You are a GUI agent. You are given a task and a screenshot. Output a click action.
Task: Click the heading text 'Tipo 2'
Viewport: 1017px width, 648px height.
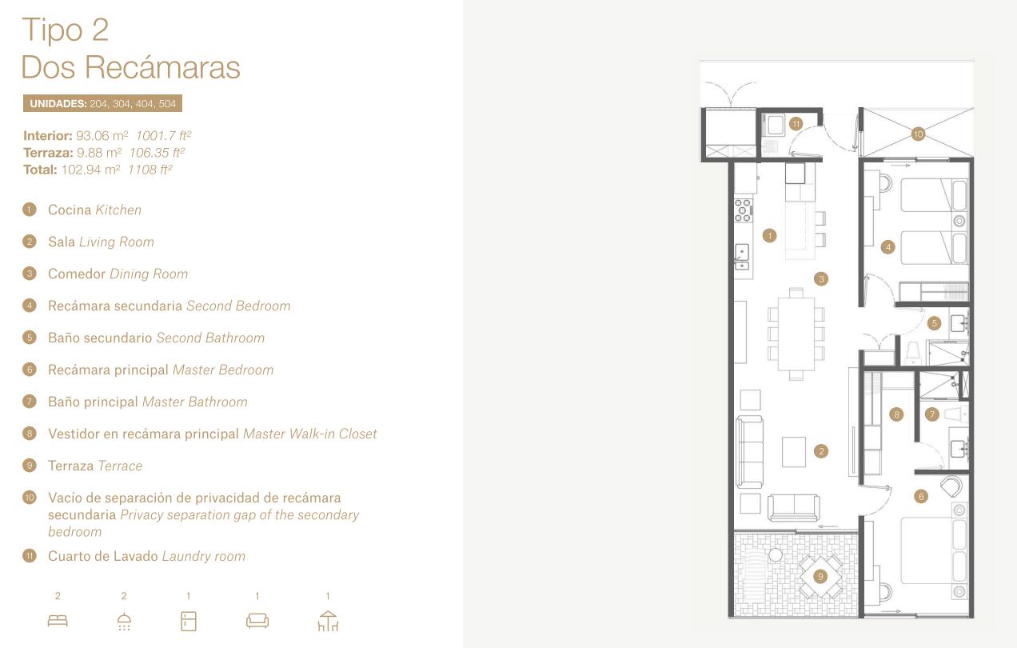coord(66,30)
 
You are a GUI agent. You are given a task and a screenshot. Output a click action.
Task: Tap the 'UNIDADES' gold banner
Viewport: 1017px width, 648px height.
coord(102,103)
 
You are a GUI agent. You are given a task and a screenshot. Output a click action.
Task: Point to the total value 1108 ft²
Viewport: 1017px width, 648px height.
coord(150,170)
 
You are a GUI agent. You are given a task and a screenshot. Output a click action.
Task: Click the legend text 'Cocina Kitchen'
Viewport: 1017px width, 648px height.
coord(94,210)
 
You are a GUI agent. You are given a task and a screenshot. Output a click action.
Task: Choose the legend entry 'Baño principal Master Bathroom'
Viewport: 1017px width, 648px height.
coord(148,402)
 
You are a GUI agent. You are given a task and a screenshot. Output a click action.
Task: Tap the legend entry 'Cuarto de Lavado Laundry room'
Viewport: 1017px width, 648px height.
coord(146,556)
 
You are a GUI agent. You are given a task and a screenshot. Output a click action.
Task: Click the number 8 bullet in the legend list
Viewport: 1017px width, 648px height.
coord(30,434)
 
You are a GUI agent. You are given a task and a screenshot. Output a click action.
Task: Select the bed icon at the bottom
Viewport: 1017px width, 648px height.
coord(58,621)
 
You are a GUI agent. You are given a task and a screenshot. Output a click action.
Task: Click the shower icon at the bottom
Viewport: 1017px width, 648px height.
coord(124,622)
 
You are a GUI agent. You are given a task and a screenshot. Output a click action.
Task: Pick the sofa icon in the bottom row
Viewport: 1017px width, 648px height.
coord(257,621)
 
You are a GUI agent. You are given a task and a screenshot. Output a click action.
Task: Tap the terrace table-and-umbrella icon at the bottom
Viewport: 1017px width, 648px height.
coord(328,621)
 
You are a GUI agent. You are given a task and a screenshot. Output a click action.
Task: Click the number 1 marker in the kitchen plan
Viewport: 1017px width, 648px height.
coord(769,235)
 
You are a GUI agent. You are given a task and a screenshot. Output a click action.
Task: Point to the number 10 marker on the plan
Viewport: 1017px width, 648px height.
coord(918,134)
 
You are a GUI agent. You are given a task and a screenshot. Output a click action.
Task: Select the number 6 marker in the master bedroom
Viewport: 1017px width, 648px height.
coord(921,496)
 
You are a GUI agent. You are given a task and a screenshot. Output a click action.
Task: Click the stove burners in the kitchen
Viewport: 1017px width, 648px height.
coord(744,210)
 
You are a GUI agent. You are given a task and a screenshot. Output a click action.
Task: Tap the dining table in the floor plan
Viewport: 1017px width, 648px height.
coord(796,334)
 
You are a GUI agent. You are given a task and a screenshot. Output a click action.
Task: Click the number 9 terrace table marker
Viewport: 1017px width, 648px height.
coord(820,577)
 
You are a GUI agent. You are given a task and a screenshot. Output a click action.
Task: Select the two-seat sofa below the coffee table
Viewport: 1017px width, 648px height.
coord(794,507)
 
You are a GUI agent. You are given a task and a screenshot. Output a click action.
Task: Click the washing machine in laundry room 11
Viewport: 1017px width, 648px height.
coord(775,125)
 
